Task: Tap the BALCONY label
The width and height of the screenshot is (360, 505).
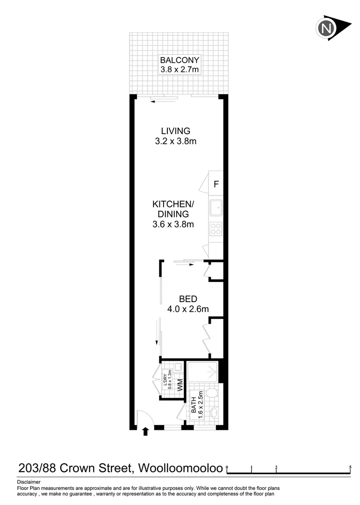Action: pyautogui.click(x=180, y=60)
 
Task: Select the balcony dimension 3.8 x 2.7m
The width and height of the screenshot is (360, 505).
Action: pyautogui.click(x=180, y=70)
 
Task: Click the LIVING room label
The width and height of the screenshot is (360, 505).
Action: pyautogui.click(x=175, y=131)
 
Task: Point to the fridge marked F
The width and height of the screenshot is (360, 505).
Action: pyautogui.click(x=216, y=184)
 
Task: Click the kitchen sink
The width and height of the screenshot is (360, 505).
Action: pyautogui.click(x=216, y=208)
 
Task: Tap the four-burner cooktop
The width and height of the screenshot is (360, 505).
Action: pyautogui.click(x=216, y=229)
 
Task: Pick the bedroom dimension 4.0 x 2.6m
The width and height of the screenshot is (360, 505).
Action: pyautogui.click(x=187, y=309)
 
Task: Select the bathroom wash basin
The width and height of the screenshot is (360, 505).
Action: pyautogui.click(x=214, y=412)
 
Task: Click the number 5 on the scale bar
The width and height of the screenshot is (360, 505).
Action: pyautogui.click(x=350, y=467)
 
